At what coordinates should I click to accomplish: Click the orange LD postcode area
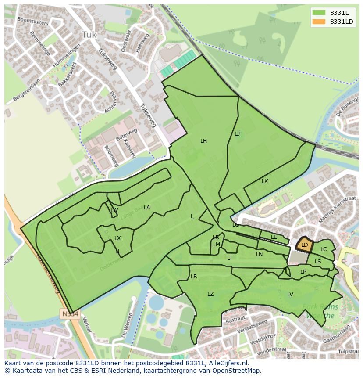[304, 245]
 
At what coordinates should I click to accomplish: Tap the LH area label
[203, 141]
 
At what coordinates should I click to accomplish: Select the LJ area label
[237, 134]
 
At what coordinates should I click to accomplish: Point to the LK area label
[265, 181]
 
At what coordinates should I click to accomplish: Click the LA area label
[147, 208]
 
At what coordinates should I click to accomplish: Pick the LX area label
[117, 238]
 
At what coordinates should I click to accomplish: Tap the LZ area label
[210, 294]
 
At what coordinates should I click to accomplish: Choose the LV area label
[290, 295]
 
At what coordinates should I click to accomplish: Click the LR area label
[194, 277]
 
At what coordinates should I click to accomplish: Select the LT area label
[230, 258]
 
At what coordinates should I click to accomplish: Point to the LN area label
[260, 254]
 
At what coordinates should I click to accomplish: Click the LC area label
[324, 249]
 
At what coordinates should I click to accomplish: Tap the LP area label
[303, 272]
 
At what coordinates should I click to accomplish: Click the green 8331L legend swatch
[319, 12]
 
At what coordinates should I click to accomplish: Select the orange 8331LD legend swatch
[319, 22]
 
